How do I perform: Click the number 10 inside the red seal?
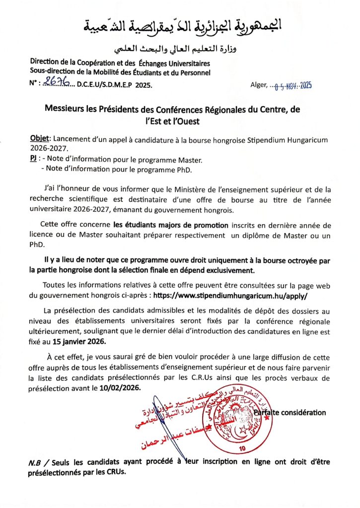click(x=229, y=448)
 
